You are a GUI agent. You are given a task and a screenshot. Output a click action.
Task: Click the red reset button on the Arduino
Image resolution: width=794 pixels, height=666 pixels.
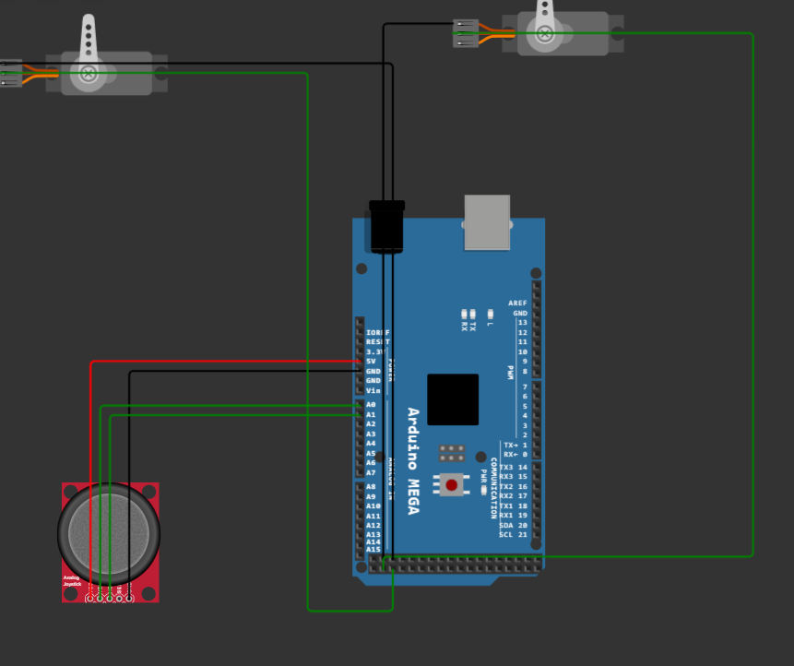tap(451, 484)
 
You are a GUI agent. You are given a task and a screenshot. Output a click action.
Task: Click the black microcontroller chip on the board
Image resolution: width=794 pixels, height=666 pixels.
tap(453, 398)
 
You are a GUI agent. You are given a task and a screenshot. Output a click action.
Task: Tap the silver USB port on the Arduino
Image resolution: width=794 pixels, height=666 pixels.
tap(487, 222)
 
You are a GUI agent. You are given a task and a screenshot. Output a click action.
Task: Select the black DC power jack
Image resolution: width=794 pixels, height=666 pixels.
tap(386, 226)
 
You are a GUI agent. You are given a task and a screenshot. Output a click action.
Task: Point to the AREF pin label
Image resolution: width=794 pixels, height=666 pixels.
tap(517, 303)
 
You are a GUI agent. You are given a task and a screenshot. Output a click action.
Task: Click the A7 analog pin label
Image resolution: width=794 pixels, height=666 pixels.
tap(371, 472)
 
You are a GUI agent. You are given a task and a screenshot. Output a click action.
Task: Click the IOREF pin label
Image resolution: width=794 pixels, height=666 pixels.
tap(377, 332)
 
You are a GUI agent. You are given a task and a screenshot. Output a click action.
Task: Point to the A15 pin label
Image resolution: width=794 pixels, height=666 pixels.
tap(373, 549)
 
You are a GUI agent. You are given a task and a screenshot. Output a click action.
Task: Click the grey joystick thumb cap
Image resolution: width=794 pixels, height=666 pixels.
tap(108, 530)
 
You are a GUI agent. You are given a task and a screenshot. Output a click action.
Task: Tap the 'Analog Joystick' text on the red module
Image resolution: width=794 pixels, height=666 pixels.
tap(72, 581)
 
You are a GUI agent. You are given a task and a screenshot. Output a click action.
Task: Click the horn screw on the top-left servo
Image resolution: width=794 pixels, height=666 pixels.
tap(89, 72)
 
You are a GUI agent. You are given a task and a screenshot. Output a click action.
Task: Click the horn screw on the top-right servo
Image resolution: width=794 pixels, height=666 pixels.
tap(545, 35)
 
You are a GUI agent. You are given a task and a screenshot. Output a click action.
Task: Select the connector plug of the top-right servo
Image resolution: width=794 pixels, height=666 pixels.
tap(466, 33)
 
